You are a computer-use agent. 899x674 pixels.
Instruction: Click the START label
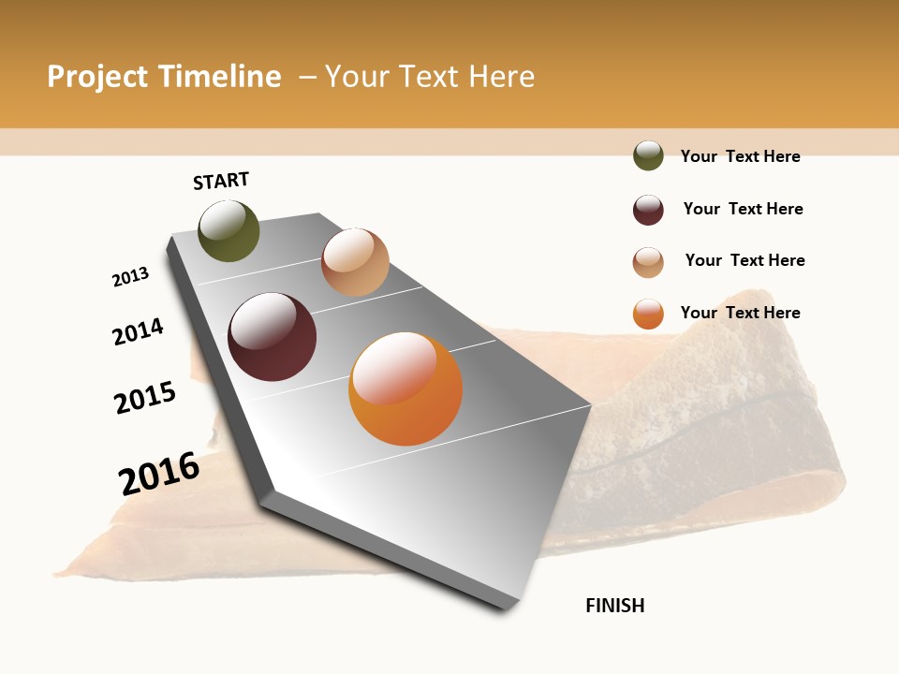[x=221, y=181]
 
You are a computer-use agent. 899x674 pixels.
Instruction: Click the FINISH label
[x=615, y=606]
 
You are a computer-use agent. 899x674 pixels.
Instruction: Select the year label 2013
[x=130, y=277]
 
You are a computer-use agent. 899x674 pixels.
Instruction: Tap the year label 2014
[x=138, y=331]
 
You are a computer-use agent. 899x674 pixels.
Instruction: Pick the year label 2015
[x=145, y=397]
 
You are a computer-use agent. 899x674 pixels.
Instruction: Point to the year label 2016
[x=159, y=473]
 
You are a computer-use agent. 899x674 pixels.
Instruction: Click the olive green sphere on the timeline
[x=228, y=230]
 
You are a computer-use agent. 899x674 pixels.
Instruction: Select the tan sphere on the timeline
[x=355, y=262]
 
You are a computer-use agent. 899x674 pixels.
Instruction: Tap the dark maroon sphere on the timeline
[x=272, y=337]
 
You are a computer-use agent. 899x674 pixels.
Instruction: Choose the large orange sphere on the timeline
[x=405, y=388]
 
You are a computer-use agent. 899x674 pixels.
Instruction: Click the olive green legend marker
[x=648, y=155]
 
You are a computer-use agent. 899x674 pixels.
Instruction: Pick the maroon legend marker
[x=648, y=210]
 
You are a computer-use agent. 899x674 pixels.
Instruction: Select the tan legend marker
[x=648, y=262]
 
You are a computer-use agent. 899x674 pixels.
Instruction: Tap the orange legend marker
[x=648, y=314]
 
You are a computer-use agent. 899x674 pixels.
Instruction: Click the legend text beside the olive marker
[x=740, y=156]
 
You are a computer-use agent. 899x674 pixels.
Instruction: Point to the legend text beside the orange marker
[x=740, y=313]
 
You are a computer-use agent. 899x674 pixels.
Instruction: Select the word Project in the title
[x=98, y=77]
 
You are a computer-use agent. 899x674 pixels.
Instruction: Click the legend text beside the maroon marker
[x=743, y=209]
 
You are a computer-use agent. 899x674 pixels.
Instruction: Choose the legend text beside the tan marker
[x=744, y=260]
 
